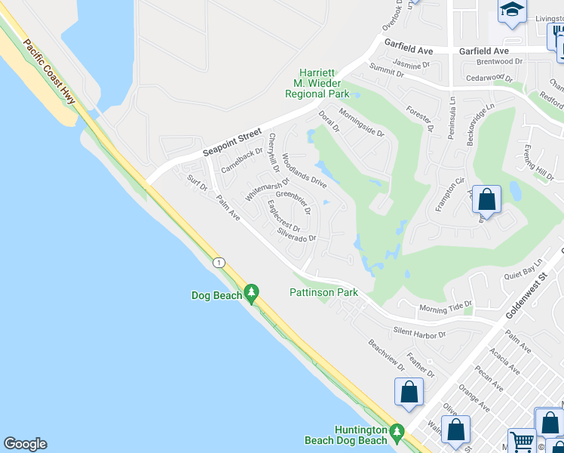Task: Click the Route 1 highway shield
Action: pos(219,262)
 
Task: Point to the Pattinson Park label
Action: pos(323,292)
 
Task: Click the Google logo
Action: pos(25,444)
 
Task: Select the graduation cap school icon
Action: pos(512,10)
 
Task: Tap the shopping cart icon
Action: pos(521,441)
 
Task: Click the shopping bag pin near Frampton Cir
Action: pos(487,201)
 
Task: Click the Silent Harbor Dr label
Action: pos(419,332)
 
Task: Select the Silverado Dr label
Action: pos(296,236)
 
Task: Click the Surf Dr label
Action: pos(198,183)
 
